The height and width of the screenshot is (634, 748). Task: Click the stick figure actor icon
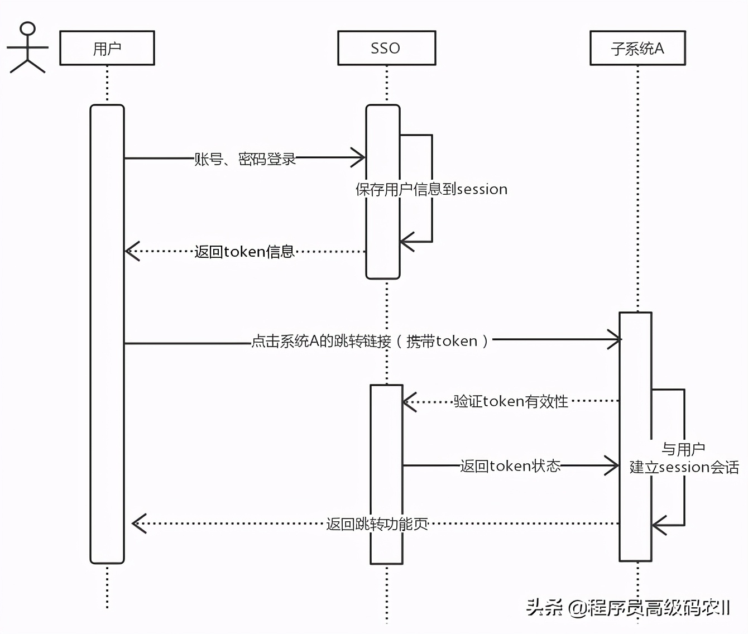pos(27,48)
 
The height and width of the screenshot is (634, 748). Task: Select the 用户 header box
pos(107,48)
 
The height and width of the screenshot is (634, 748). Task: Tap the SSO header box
pos(386,48)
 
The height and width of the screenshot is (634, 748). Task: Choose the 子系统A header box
pos(637,48)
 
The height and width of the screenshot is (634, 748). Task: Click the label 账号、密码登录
pos(244,159)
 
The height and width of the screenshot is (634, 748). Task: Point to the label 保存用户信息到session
pos(431,189)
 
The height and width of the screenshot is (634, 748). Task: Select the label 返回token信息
pos(244,252)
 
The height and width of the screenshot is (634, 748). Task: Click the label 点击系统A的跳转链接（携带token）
pos(371,341)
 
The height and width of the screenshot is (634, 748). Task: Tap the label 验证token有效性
pos(510,401)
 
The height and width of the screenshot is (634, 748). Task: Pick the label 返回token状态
pos(510,466)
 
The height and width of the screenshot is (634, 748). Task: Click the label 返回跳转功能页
pos(377,524)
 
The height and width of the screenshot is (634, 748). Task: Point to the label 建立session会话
pos(684,467)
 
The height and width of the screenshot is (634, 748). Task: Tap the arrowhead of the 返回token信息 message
pos(132,251)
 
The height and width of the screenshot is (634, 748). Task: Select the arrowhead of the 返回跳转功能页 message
pos(138,523)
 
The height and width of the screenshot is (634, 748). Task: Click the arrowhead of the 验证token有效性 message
pos(409,401)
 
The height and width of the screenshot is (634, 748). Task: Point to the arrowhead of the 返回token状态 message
pos(612,465)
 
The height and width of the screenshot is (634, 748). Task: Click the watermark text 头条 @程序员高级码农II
pos(627,607)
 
